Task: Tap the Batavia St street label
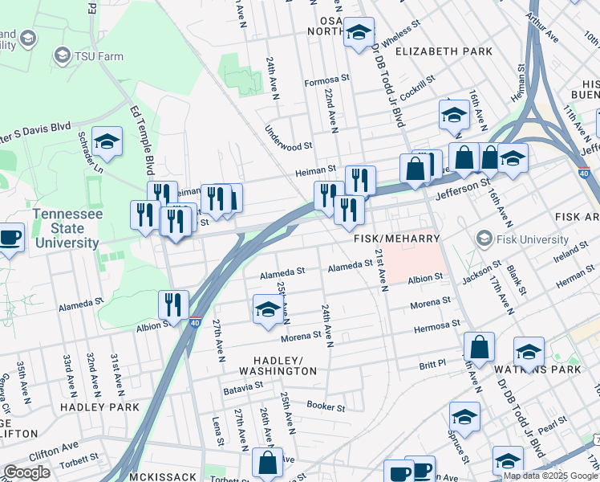point(243,386)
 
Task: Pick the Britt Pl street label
point(432,365)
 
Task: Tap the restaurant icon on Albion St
point(173,305)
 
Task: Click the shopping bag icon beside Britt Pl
point(479,347)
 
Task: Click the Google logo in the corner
point(26,472)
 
